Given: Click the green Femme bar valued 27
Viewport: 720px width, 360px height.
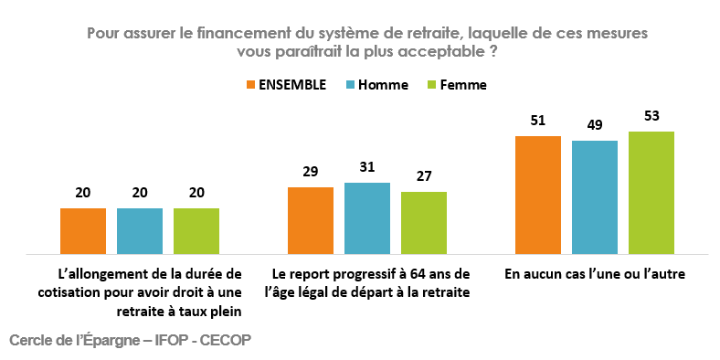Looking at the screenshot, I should click(423, 222).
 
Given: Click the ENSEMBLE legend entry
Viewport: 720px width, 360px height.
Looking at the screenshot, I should click(286, 84).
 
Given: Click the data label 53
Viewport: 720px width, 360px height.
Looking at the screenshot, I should click(651, 117).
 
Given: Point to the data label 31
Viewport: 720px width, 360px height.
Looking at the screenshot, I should click(366, 168).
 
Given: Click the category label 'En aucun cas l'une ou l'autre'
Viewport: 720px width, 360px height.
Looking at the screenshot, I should click(594, 273).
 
